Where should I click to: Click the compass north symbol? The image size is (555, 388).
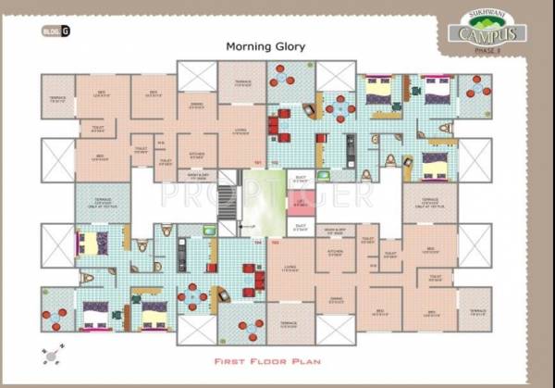(x=52, y=353)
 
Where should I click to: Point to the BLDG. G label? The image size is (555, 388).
(x=55, y=31)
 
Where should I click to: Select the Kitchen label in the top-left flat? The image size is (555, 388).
(x=196, y=155)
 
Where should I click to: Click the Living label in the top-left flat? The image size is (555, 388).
(x=240, y=131)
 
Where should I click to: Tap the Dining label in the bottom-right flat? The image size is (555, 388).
(x=336, y=299)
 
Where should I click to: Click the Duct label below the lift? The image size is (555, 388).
(x=300, y=226)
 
